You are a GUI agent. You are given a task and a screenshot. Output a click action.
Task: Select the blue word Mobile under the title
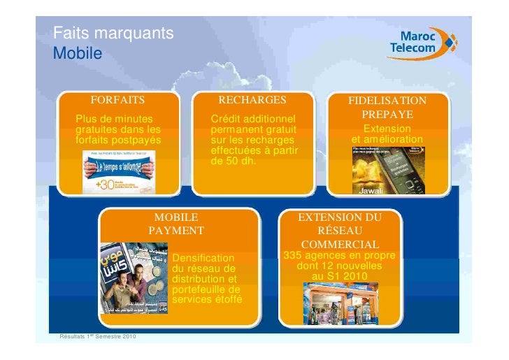tap(78, 53)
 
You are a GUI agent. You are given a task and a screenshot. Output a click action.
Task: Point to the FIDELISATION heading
tap(387, 101)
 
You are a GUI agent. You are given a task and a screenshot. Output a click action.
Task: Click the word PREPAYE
tap(387, 115)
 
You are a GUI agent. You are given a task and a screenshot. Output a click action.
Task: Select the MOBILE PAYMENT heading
tap(175, 224)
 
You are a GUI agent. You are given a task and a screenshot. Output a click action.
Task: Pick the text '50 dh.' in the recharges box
tap(241, 161)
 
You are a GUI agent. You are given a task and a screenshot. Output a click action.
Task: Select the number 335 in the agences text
tap(293, 257)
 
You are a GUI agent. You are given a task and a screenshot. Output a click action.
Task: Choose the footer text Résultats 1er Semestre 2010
tap(96, 339)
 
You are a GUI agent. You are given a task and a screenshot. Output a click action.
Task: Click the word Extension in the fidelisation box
tap(387, 129)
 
